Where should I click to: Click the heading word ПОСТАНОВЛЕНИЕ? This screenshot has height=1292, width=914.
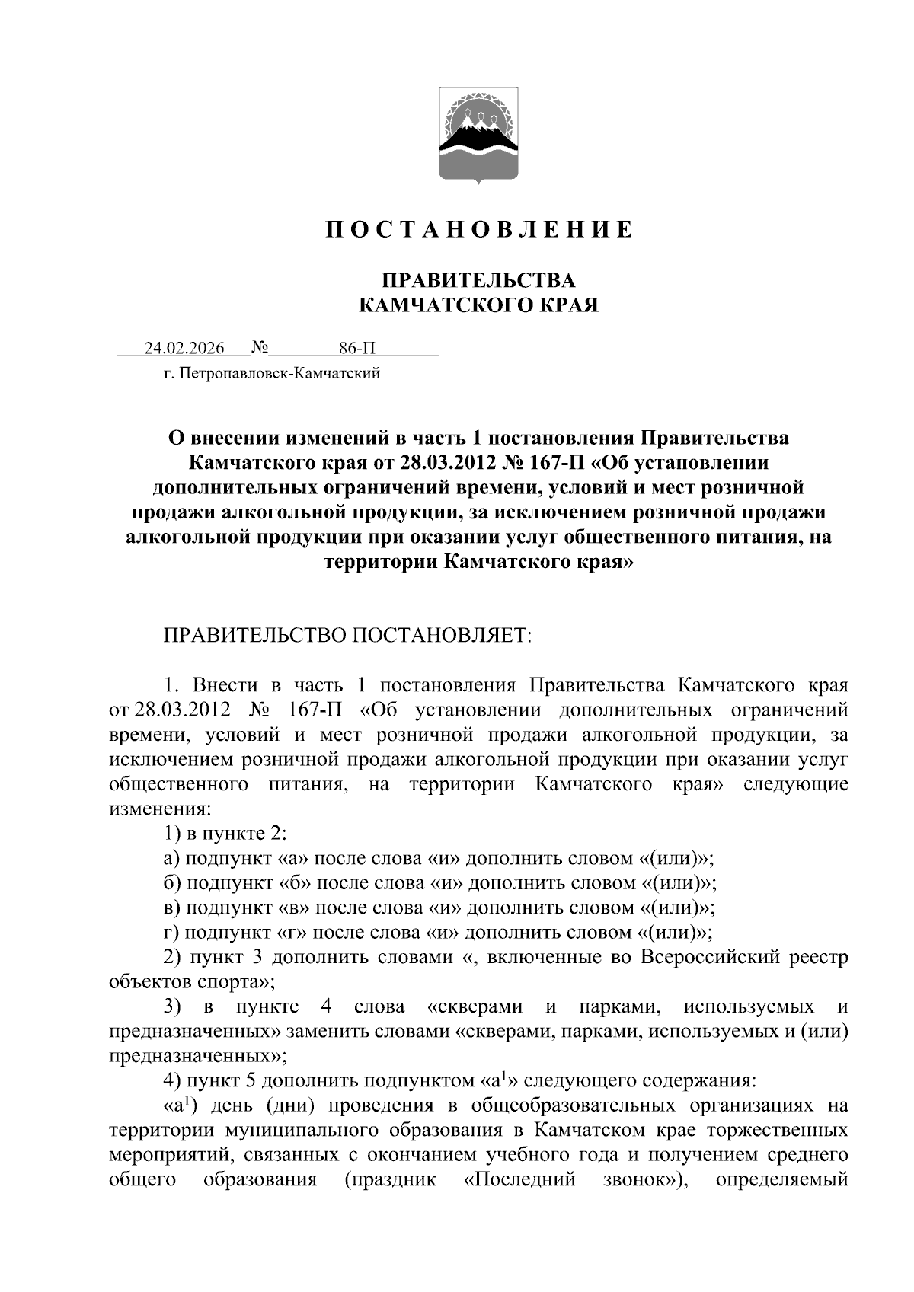(479, 229)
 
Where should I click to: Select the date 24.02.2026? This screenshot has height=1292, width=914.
(184, 349)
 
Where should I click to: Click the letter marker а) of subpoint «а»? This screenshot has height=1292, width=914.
(171, 858)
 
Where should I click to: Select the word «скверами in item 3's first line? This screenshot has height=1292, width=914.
(475, 1006)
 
